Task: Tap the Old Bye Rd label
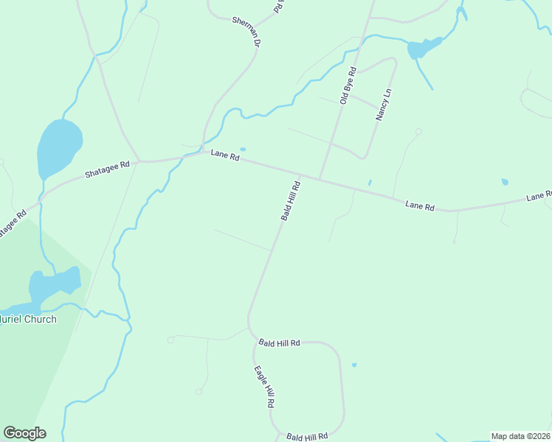(348, 85)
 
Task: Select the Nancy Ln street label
(383, 105)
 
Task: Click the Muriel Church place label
(28, 320)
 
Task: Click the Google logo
(24, 433)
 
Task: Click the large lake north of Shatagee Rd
(58, 147)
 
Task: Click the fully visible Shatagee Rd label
(107, 169)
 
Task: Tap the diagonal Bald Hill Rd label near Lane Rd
(290, 201)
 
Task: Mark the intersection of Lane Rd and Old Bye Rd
(320, 178)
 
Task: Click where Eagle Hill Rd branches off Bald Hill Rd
(252, 336)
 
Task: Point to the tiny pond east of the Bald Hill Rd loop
(354, 365)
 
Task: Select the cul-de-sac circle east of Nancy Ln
(418, 132)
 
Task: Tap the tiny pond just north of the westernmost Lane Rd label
(242, 150)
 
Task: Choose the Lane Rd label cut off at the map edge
(539, 196)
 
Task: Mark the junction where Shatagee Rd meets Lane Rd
(139, 161)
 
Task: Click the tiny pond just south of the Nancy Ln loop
(370, 183)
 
